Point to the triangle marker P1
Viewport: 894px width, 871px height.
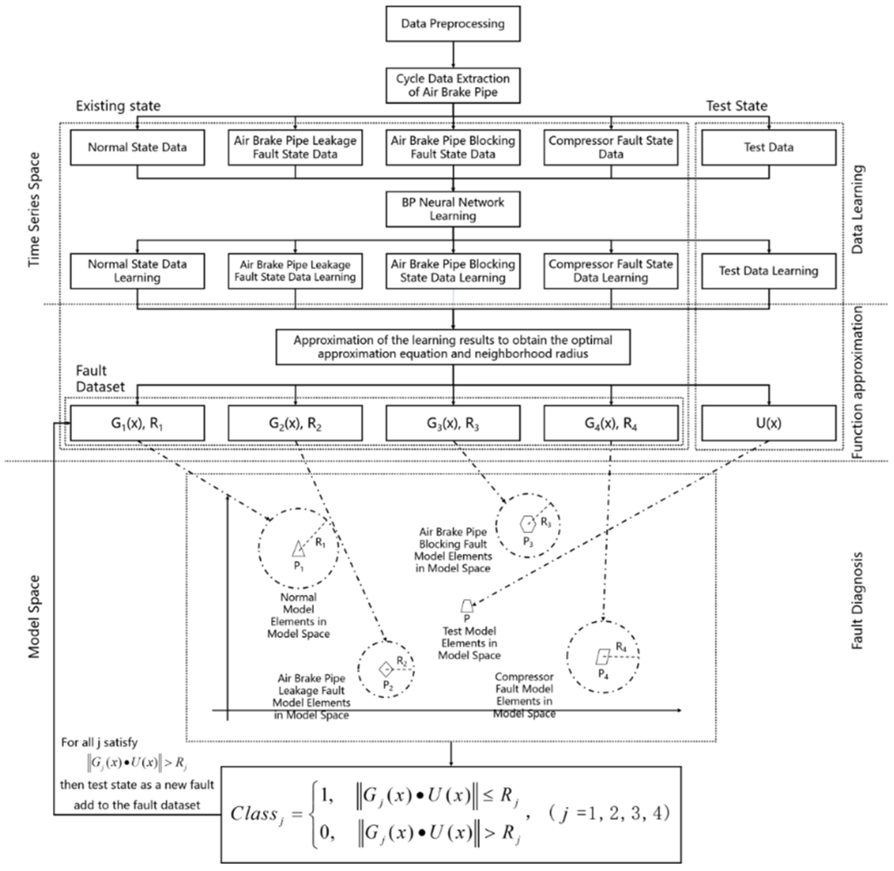click(298, 549)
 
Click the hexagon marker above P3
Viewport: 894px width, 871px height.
click(528, 524)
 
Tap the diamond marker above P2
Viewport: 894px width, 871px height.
click(386, 669)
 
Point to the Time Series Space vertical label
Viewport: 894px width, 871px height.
click(34, 210)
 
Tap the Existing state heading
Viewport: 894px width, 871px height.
click(118, 106)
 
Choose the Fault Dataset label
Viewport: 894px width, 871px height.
click(100, 379)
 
